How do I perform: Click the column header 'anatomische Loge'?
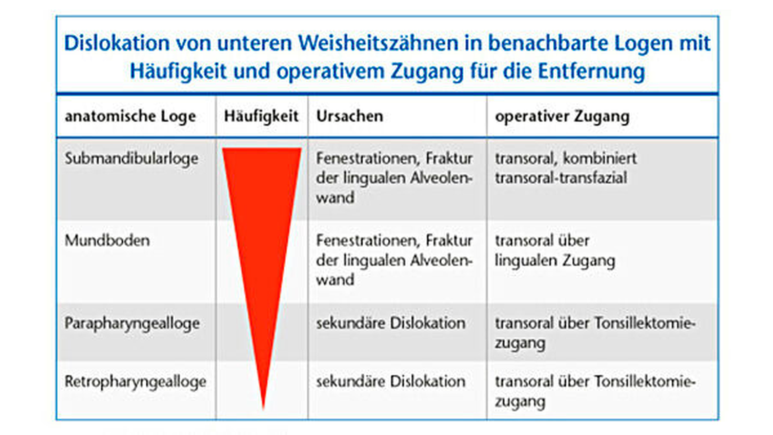[130, 117]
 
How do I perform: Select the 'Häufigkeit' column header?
[261, 117]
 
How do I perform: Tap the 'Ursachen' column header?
[349, 116]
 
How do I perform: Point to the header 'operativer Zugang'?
[562, 117]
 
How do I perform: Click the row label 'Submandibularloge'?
[131, 159]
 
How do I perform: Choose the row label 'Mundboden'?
[107, 240]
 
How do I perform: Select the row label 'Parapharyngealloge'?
[132, 324]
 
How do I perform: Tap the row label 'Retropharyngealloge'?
[135, 382]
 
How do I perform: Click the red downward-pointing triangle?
[262, 244]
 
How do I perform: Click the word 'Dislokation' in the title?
[117, 43]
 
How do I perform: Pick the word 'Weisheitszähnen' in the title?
[378, 43]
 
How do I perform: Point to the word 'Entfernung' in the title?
[592, 72]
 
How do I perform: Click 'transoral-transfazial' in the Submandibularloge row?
[561, 178]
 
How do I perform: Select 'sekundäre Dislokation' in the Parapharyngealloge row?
[391, 323]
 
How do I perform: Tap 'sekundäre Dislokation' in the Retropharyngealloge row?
[391, 382]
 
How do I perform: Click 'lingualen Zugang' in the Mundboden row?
[555, 261]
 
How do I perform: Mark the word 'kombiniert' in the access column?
[600, 158]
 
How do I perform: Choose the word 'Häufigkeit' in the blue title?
[178, 72]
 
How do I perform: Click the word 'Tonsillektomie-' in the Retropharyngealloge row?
[645, 382]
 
